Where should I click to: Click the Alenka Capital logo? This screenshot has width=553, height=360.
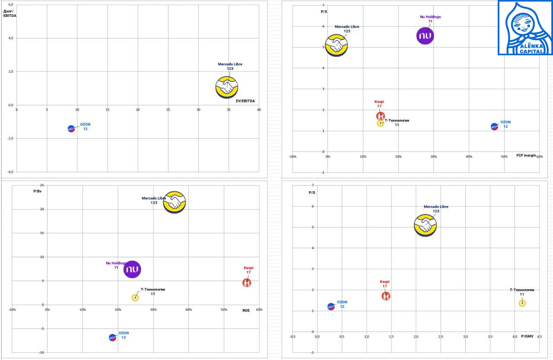point(525,28)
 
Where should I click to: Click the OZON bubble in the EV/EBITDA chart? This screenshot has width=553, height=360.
point(71,129)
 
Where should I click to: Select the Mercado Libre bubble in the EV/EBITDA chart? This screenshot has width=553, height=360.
point(227,87)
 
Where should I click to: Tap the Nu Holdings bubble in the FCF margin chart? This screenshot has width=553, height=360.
point(425,36)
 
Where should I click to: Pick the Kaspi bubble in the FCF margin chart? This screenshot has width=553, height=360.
point(380,116)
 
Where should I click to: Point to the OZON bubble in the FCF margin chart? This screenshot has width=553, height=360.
point(494,126)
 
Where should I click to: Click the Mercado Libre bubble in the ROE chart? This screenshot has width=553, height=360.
point(175,202)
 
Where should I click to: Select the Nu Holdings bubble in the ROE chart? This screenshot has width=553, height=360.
point(132,269)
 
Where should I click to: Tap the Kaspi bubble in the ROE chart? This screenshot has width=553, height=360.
point(247,283)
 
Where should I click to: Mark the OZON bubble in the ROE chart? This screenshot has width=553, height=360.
point(113,338)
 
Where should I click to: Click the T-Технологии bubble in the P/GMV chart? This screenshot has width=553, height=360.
point(522,303)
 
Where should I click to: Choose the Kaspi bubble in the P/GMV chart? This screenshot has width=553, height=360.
point(386,296)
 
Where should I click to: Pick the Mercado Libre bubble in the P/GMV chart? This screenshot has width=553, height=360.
point(426,225)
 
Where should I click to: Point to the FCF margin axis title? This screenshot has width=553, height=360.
point(526,155)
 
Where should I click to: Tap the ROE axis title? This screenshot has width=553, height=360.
point(246,310)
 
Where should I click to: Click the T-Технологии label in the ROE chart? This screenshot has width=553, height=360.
point(153,290)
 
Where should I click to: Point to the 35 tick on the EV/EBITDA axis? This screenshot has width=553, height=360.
point(229,110)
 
